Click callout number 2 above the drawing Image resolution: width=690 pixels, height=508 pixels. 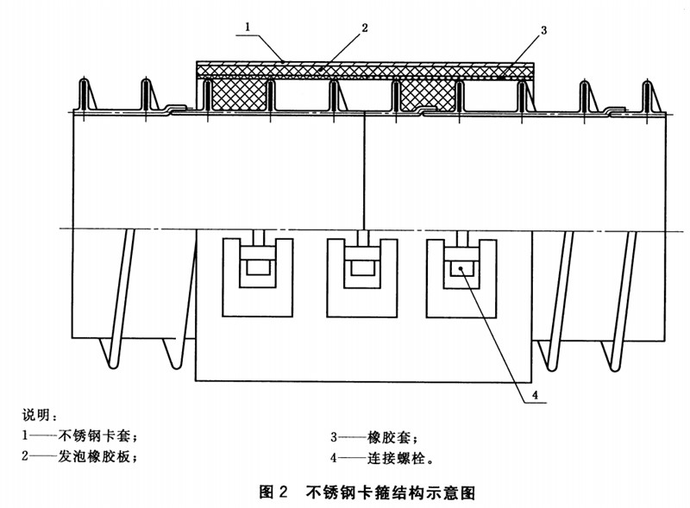coord(365,28)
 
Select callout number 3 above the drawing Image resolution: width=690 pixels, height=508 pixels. coord(544,31)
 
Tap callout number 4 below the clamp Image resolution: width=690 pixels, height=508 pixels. coord(535,395)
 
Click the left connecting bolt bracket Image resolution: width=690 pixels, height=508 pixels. coord(256,275)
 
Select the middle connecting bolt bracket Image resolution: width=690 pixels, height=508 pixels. coord(361,275)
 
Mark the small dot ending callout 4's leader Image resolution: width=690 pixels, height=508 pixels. coord(463,269)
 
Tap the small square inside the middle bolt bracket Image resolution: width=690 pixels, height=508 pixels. coord(361,268)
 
